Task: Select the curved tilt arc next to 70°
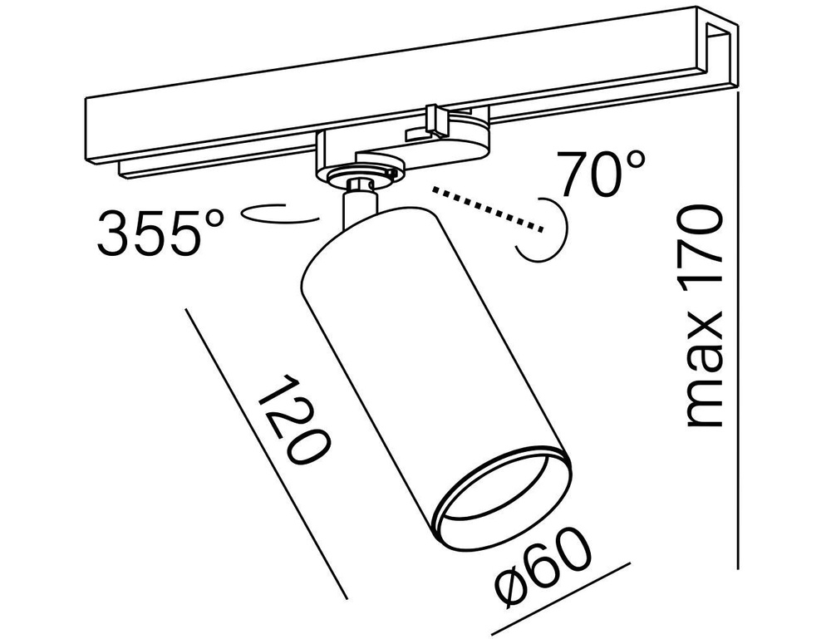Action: pos(548,229)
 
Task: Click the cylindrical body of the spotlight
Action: pos(391,349)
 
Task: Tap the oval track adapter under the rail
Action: pos(399,150)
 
